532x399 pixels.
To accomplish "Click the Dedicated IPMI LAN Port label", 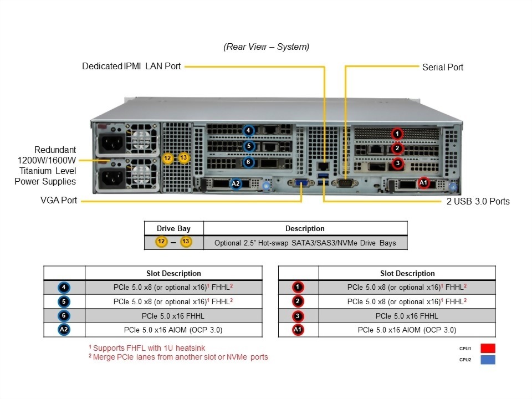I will (131, 66).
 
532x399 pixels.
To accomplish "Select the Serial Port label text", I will (442, 67).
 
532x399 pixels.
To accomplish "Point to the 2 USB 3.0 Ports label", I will (478, 201).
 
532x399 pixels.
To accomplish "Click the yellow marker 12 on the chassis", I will (168, 158).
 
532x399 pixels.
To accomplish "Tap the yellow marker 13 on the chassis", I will (184, 158).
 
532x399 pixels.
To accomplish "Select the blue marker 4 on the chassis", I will (249, 131).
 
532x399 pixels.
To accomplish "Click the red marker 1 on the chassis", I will (397, 133).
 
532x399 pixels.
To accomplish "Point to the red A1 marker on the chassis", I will (423, 182).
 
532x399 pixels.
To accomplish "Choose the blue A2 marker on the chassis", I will (236, 183).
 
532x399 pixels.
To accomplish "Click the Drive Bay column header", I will (173, 228).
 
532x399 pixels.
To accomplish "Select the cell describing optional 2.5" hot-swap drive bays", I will (305, 243).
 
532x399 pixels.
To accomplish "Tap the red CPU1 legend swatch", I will (488, 349).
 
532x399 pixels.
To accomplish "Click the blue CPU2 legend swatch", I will (488, 360).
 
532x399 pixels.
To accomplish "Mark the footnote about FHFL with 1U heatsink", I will (147, 348).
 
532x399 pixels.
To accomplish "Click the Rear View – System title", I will (267, 47).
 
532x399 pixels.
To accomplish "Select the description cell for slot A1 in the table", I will (407, 330).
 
